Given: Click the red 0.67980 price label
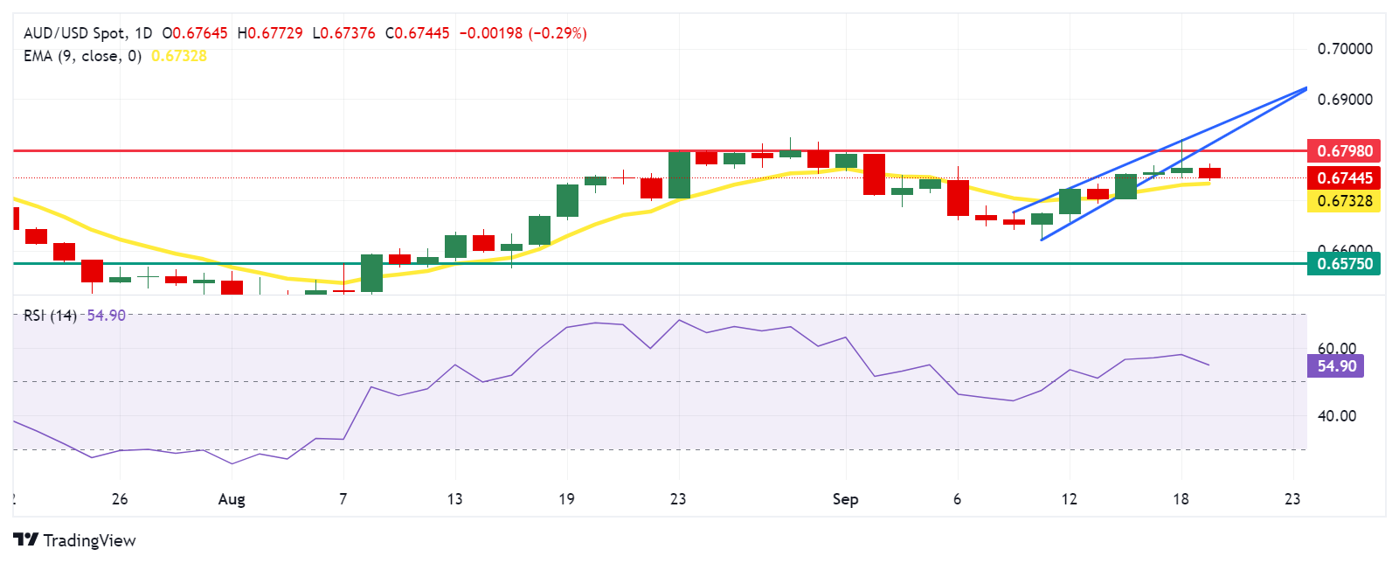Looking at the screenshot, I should (x=1344, y=150).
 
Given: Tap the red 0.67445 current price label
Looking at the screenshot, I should (x=1344, y=177).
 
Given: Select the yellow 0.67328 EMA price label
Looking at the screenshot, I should (x=1344, y=201).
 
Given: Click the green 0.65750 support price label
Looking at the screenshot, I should (x=1344, y=263).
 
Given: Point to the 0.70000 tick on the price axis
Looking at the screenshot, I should (x=1345, y=49).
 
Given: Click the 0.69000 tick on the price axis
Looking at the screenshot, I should (x=1345, y=100).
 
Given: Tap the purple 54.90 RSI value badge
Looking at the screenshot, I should (x=1336, y=365).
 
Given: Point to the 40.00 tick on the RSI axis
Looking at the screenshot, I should (x=1336, y=416).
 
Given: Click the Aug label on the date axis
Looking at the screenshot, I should (x=232, y=499).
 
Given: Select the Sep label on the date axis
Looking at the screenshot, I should (x=845, y=499).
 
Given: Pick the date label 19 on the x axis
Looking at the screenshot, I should (x=566, y=499).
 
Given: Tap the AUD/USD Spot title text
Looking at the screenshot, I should (x=75, y=33).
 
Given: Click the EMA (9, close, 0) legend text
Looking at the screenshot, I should (x=82, y=56).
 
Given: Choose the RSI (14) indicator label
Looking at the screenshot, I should (x=51, y=316).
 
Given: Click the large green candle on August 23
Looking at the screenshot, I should (x=679, y=175).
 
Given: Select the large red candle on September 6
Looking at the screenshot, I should (x=958, y=198).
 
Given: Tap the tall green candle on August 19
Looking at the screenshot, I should (x=567, y=200).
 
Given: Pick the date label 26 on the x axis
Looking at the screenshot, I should (x=120, y=499).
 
